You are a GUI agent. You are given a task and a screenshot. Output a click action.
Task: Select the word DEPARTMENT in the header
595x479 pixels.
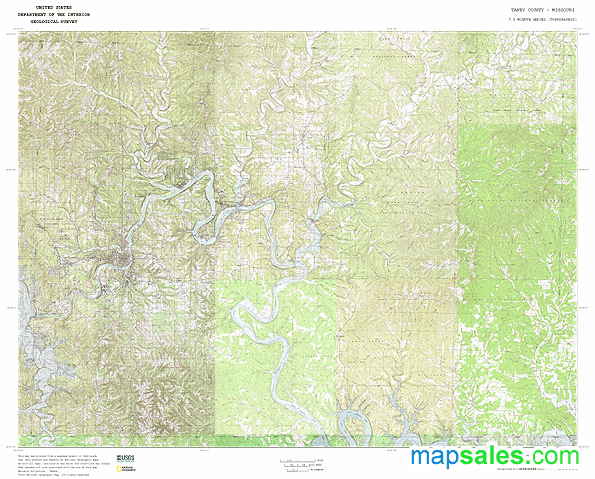pyautogui.click(x=40, y=13)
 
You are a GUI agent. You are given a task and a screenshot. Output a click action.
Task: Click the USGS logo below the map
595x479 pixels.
pyautogui.click(x=126, y=459)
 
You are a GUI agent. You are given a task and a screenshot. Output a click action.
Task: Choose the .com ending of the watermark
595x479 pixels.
pyautogui.click(x=556, y=456)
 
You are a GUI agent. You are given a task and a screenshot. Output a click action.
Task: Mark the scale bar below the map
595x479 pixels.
pyautogui.click(x=301, y=462)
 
